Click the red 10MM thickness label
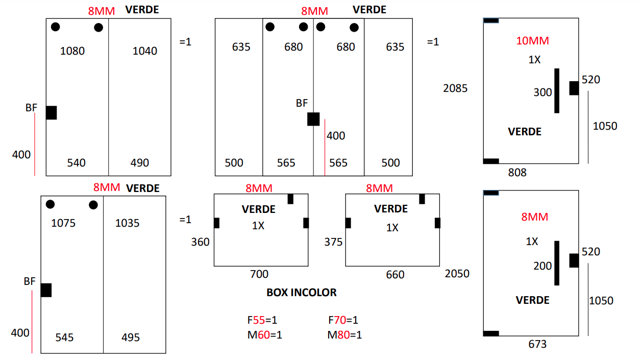coord(532,41)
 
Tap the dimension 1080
coord(72,51)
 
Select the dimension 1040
coord(145,51)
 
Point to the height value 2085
coord(455,88)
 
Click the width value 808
coord(517,173)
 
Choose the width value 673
coord(537,344)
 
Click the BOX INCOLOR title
coord(302,293)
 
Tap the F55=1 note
coord(262,320)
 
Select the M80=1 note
coord(344,334)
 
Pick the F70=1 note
coord(343,320)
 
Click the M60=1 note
coord(265,334)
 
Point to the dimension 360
coord(201,242)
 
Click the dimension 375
coord(334,242)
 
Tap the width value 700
coord(259,274)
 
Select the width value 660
coord(395,275)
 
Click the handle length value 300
coord(542,92)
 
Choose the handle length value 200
coord(542,266)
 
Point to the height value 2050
coord(457,274)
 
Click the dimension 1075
coord(63,223)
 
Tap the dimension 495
coord(131,338)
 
